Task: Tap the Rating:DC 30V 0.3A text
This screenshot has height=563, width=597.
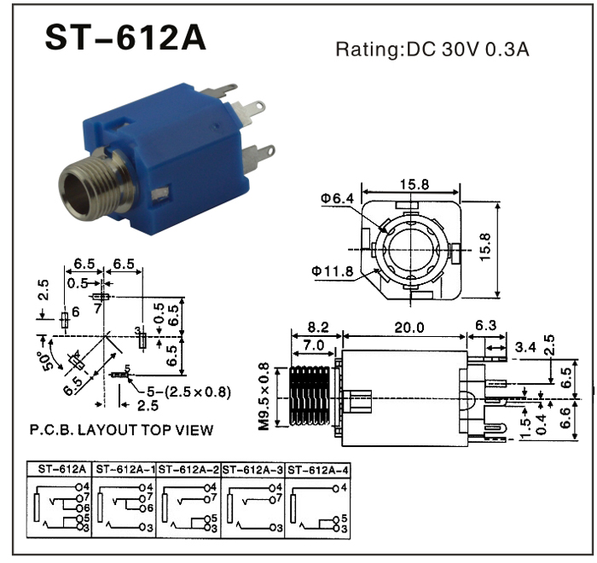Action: (x=432, y=49)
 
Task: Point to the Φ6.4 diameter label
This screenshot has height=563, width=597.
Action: (x=337, y=199)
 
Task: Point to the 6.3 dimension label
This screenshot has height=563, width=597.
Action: (x=484, y=326)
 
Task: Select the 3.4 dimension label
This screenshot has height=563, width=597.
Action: (x=527, y=346)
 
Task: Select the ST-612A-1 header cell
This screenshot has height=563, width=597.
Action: (x=125, y=470)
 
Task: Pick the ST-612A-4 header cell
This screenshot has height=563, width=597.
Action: (x=319, y=470)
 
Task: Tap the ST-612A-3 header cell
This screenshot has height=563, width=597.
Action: (x=253, y=470)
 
